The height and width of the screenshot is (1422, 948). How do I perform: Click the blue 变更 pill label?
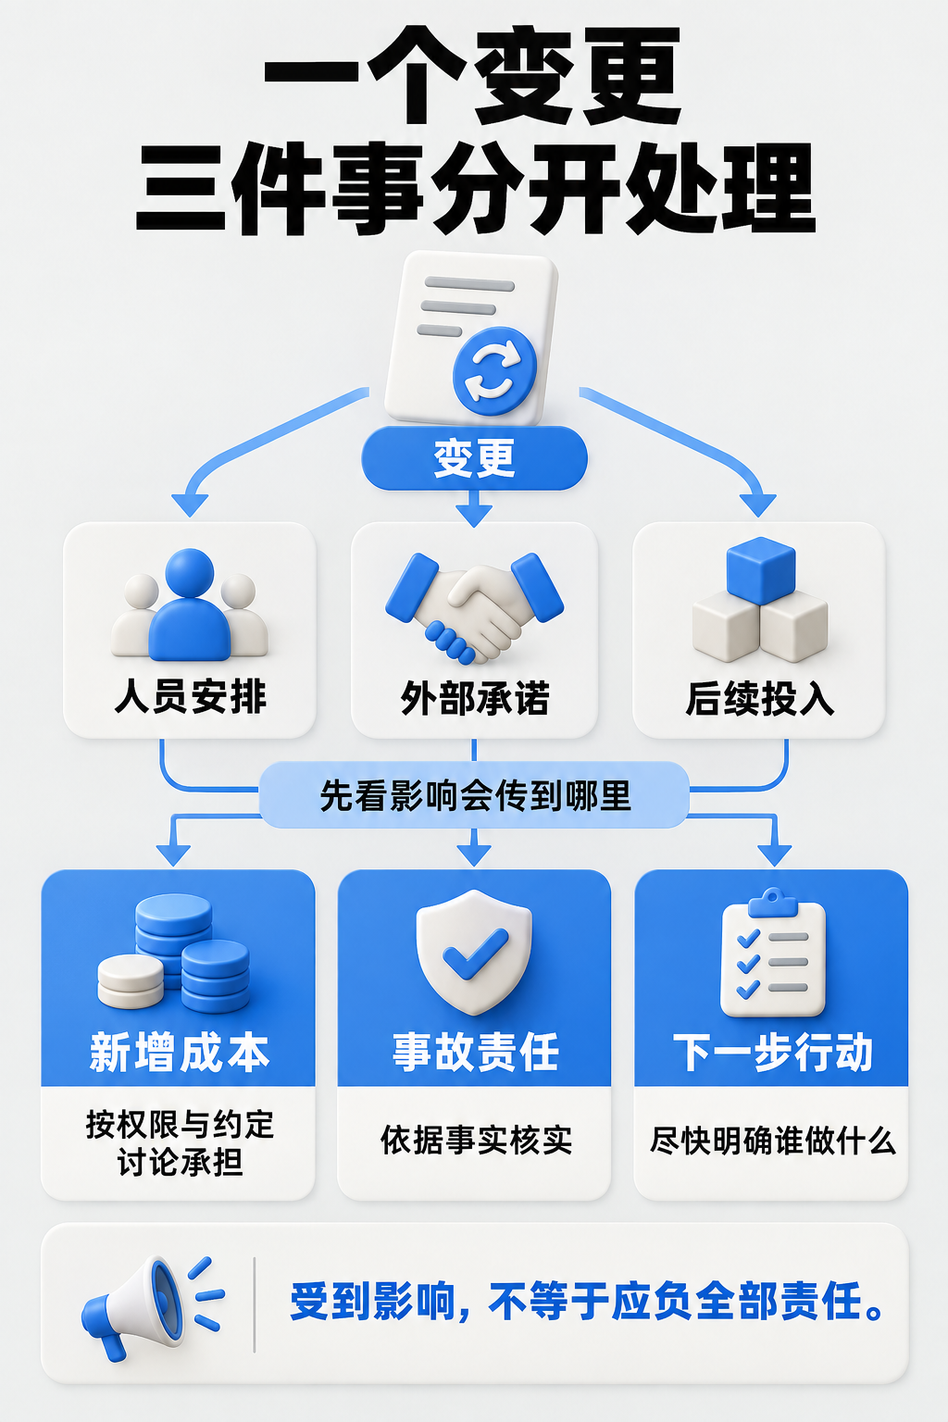[x=474, y=457]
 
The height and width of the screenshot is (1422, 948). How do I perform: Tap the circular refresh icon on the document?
[x=494, y=371]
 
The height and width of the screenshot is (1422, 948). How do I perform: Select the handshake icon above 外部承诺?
[x=474, y=608]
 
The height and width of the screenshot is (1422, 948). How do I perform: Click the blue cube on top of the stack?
[x=761, y=569]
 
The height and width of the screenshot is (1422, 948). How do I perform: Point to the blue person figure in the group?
[x=189, y=605]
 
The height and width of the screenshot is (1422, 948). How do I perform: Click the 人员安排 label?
[x=190, y=696]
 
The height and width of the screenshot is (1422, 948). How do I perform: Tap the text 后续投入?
[x=759, y=698]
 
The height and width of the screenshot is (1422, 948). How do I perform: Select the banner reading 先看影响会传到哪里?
[x=474, y=795]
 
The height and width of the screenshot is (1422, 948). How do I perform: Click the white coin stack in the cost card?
[x=131, y=980]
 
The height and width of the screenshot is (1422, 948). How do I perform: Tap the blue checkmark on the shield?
[x=475, y=954]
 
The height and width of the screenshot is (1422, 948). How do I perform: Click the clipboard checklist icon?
[x=773, y=953]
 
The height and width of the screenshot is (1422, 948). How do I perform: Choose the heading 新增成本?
[x=179, y=1053]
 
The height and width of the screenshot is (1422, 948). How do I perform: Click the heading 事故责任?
[x=475, y=1052]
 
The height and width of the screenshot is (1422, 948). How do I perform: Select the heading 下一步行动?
[x=773, y=1052]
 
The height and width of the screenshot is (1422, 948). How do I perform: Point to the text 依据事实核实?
[x=476, y=1141]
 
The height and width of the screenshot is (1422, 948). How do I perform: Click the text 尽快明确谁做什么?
[x=773, y=1141]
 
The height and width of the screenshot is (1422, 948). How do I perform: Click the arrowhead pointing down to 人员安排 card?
[x=190, y=506]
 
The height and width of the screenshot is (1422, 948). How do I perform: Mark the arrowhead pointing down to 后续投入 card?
[x=758, y=506]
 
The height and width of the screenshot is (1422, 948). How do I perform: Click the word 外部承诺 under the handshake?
[x=474, y=698]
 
